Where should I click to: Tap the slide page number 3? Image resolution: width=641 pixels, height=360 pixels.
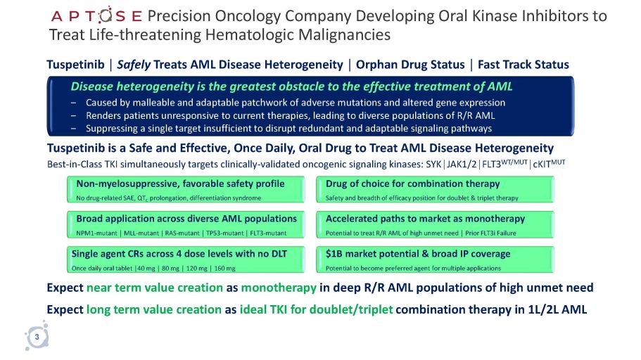(37, 338)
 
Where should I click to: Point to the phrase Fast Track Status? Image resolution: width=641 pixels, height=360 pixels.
(523, 65)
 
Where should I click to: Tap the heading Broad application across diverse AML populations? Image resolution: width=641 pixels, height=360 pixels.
(186, 219)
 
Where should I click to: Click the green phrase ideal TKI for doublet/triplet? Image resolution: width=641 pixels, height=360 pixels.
(316, 309)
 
